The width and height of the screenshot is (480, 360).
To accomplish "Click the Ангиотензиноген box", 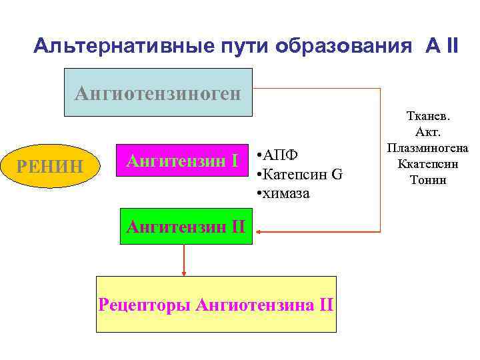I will tap(157, 93).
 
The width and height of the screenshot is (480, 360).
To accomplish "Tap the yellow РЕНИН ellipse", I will tap(50, 163).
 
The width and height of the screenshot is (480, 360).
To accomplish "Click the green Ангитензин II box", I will tap(186, 227).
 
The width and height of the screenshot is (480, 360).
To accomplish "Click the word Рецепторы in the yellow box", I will tap(145, 305).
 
